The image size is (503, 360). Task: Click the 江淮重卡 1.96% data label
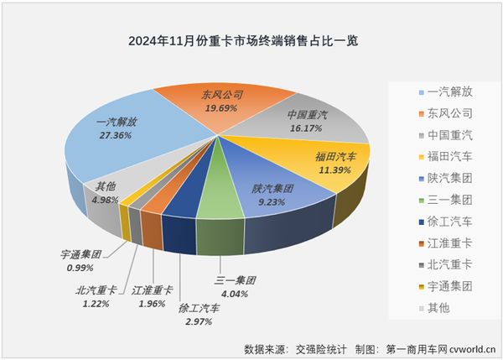(152, 297)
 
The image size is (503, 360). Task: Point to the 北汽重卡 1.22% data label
(96, 298)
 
